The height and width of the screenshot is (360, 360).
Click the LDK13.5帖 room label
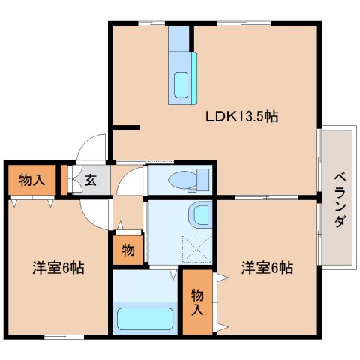242,117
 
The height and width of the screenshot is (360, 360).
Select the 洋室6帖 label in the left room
57,267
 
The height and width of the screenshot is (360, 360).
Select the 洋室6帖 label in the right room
266,267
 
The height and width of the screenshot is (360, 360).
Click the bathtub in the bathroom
145,316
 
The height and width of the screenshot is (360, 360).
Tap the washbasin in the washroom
200,214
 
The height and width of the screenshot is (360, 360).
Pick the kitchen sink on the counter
182,83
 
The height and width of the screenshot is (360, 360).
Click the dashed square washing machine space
196,247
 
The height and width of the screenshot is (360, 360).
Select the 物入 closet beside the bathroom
196,300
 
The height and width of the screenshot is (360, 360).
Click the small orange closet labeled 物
127,250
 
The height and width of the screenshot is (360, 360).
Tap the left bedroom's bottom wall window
64,336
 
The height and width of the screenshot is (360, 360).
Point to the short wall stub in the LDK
126,127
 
